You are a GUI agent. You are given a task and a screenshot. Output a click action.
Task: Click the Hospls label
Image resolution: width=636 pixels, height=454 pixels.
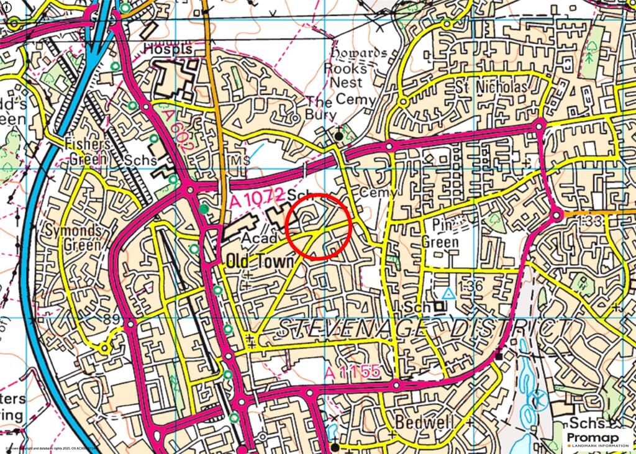[x=165, y=48]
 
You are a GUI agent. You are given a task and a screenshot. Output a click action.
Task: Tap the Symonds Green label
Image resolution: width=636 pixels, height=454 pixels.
[x=73, y=237]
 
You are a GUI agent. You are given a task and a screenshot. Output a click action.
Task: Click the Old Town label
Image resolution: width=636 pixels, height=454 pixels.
[x=260, y=261]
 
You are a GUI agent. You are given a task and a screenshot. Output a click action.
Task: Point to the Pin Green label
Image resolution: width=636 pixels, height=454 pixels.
[x=440, y=233]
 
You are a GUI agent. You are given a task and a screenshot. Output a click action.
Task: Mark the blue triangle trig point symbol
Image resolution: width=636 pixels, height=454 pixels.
[x=448, y=294]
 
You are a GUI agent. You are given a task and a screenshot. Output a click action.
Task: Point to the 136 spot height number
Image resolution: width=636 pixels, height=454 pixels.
[x=472, y=286]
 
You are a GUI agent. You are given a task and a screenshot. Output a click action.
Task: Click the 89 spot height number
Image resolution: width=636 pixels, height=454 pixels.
[x=111, y=319]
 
